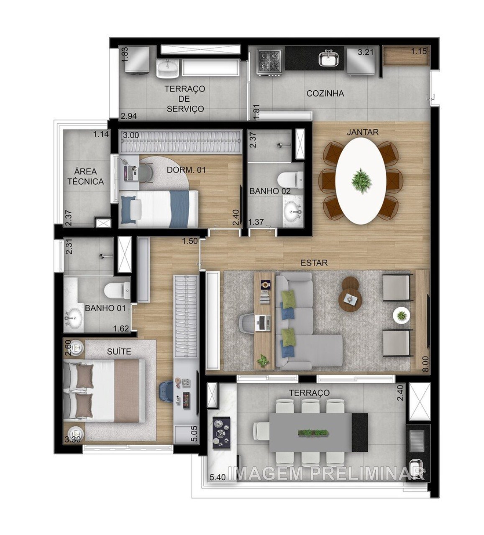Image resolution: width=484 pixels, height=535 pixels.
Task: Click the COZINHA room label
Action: [x=325, y=94]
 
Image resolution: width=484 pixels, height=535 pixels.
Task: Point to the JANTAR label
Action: [x=362, y=132]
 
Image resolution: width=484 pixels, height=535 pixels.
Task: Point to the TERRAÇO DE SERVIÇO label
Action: [x=184, y=99]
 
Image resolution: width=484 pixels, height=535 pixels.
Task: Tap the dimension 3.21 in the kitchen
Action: [x=365, y=53]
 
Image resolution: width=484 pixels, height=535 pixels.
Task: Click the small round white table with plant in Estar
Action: [x=401, y=315]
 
